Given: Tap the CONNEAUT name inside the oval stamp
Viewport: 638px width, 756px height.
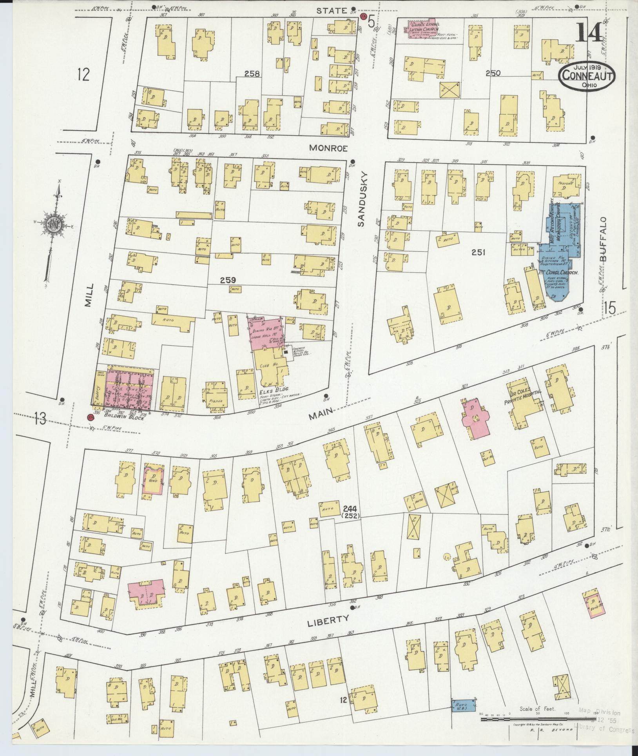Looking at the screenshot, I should [587, 77].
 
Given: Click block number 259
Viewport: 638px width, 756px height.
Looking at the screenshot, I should [228, 280].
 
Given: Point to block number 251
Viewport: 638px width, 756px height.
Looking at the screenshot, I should [478, 253].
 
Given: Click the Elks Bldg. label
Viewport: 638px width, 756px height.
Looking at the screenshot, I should [277, 389].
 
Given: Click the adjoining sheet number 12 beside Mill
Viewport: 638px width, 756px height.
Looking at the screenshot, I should [83, 74].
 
